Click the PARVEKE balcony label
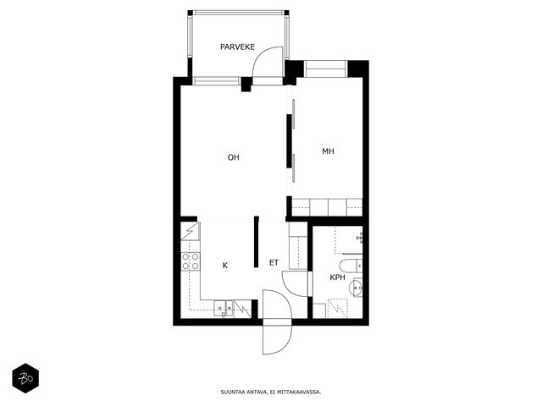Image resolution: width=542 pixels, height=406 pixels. pyautogui.click(x=237, y=47)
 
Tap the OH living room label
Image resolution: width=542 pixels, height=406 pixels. pyautogui.click(x=234, y=157)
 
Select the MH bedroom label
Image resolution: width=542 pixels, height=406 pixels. pyautogui.click(x=328, y=151)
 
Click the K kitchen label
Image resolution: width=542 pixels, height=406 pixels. pyautogui.click(x=225, y=266)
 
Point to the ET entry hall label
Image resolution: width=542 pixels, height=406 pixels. pyautogui.click(x=274, y=263)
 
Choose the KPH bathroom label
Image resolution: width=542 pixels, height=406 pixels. pyautogui.click(x=337, y=277)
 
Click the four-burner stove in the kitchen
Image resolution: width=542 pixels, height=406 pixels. pyautogui.click(x=191, y=261)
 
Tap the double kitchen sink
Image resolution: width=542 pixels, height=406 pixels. pyautogui.click(x=224, y=308)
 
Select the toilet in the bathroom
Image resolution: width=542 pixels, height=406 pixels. pyautogui.click(x=351, y=266)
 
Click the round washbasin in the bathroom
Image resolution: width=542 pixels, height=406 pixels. pyautogui.click(x=356, y=288)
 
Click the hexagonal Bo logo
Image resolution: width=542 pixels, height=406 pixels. pyautogui.click(x=25, y=378)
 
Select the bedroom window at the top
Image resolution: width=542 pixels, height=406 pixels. pyautogui.click(x=325, y=69)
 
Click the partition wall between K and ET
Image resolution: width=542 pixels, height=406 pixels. pyautogui.click(x=256, y=242)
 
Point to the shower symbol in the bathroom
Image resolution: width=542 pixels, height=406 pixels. pyautogui.click(x=337, y=309)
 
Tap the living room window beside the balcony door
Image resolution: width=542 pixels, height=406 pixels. pyautogui.click(x=217, y=81)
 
